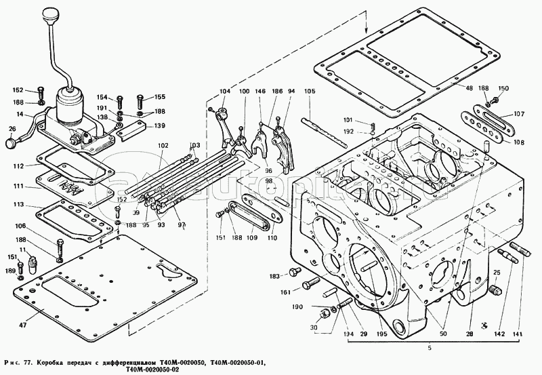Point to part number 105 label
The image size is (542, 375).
coord(309,92)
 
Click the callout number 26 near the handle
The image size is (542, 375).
coord(12,129)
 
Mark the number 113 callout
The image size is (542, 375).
coord(21,204)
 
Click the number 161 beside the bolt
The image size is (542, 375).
coord(287,292)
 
